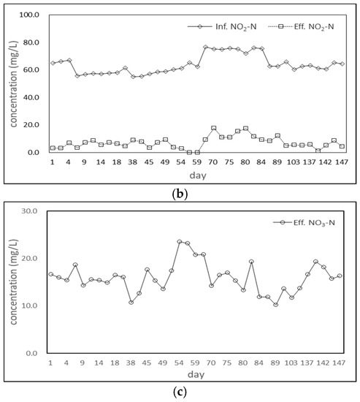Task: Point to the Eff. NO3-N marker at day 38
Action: pyautogui.click(x=131, y=302)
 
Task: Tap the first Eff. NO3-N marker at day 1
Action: pyautogui.click(x=50, y=274)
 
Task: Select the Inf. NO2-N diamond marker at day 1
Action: pyautogui.click(x=53, y=63)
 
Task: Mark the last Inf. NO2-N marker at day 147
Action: pyautogui.click(x=342, y=64)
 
